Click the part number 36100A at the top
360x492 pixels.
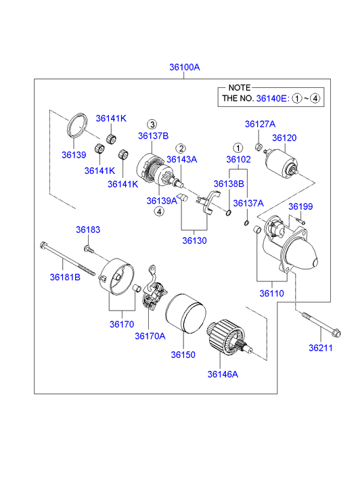[x=185, y=67]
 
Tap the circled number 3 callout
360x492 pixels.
[x=152, y=125]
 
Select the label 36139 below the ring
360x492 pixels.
[x=74, y=155]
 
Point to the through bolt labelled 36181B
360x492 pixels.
[x=67, y=259]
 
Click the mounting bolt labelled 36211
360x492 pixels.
[x=321, y=324]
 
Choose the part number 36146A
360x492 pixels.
[x=223, y=374]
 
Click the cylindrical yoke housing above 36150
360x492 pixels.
[x=185, y=313]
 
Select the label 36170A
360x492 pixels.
[x=150, y=336]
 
